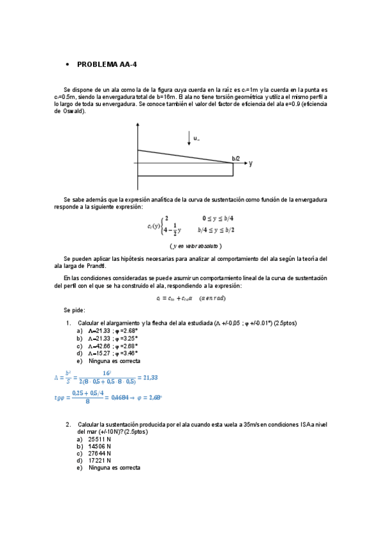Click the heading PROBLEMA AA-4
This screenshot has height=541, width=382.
107,64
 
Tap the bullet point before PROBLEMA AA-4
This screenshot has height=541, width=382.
68,65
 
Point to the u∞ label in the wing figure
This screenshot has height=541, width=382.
197,137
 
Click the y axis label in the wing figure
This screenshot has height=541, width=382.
251,163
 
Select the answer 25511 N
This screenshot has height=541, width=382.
99,439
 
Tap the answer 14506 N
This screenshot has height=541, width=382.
99,446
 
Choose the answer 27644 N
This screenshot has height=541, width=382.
99,453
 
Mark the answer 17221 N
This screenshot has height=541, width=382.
99,460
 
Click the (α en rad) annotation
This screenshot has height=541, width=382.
212,297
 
